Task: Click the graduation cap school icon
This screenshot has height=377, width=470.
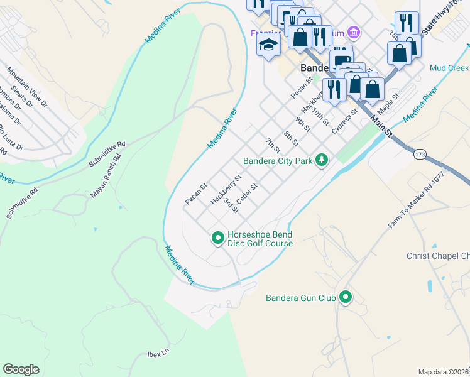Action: (268, 45)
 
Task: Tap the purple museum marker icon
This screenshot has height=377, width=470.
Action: (354, 32)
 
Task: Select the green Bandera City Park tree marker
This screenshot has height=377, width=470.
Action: (322, 161)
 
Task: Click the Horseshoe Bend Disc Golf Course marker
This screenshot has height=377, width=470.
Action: (217, 238)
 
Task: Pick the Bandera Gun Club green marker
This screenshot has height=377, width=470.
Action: (345, 297)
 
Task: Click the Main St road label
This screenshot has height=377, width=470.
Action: (381, 126)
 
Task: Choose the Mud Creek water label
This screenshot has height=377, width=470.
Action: (449, 67)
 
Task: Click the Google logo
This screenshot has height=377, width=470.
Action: (21, 369)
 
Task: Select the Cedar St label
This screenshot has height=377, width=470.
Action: (246, 194)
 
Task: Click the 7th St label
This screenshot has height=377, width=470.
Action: (272, 146)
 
